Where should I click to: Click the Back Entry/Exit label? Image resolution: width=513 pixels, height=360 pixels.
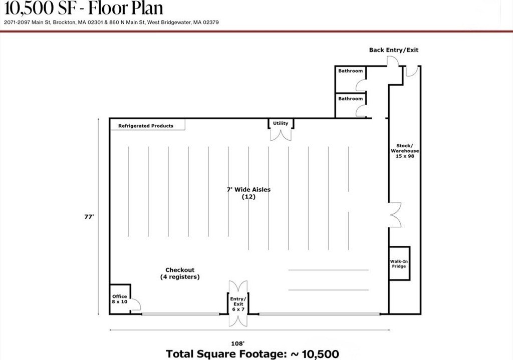click(394, 50)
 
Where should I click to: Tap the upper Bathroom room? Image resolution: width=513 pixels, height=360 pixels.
click(350, 79)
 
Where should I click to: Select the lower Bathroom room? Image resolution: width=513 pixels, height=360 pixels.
click(350, 105)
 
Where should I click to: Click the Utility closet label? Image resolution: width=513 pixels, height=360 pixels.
click(281, 123)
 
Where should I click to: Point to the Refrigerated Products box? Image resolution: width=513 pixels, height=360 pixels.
click(147, 125)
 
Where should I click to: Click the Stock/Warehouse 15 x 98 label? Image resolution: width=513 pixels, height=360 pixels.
click(405, 151)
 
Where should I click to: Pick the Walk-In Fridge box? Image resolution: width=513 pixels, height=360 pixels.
click(399, 263)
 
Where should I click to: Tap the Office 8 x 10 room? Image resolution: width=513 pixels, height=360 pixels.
click(120, 299)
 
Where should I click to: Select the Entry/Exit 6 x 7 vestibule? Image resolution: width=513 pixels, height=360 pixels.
click(238, 304)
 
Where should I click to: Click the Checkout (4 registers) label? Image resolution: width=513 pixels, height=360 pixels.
click(180, 273)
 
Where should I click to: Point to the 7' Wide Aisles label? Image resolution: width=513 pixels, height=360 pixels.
click(248, 190)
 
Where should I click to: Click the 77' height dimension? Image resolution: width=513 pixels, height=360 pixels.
click(89, 217)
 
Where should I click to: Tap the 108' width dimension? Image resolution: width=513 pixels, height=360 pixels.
click(237, 343)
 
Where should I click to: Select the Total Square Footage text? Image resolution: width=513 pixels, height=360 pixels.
click(252, 354)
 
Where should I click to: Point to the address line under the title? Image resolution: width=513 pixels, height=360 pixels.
click(111, 23)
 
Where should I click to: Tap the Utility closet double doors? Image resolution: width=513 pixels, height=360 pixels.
click(281, 135)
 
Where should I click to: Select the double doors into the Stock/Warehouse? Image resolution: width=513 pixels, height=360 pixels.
click(395, 215)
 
